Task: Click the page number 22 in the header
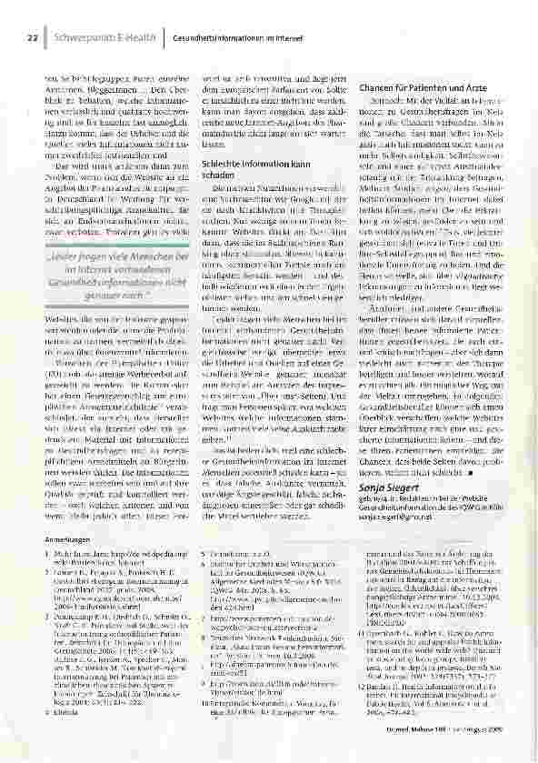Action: pyautogui.click(x=32, y=38)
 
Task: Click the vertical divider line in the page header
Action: pyautogui.click(x=164, y=38)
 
